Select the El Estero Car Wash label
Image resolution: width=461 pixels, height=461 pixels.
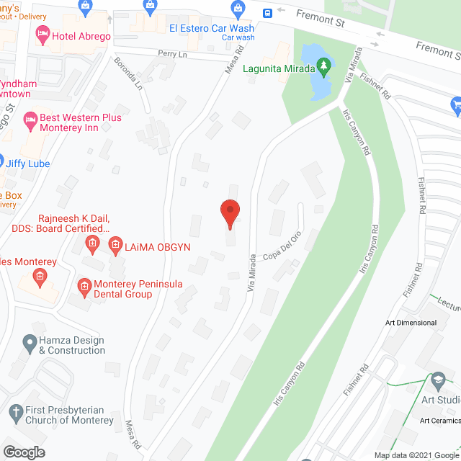(211, 28)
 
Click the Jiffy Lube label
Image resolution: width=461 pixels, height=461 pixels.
(29, 164)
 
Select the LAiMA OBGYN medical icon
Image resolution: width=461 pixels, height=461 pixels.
(115, 246)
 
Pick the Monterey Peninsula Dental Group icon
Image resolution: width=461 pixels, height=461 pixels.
(84, 285)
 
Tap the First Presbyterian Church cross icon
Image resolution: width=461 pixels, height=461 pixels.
(17, 414)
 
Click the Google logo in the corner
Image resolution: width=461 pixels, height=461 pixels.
(24, 452)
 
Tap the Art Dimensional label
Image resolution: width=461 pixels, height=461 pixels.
(411, 323)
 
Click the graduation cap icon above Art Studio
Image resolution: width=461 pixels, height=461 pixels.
(437, 380)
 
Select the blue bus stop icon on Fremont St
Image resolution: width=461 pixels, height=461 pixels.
(267, 12)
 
